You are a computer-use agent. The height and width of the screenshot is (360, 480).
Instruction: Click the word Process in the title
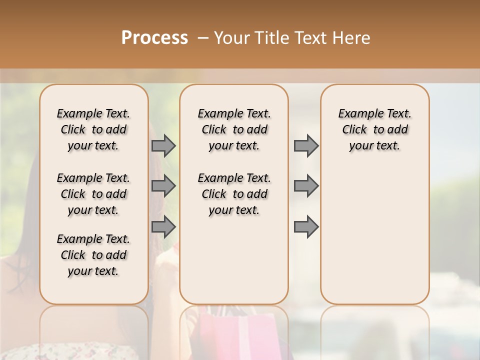point(154,37)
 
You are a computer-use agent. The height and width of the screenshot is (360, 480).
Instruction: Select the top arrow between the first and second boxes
point(163,146)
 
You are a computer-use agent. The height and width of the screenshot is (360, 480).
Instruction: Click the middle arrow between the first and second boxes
point(163,186)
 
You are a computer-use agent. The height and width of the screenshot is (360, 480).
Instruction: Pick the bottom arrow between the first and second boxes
point(163,227)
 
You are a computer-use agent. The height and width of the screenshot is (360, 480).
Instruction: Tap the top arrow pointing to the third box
point(306,146)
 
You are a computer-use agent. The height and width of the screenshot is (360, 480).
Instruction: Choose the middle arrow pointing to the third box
point(306,186)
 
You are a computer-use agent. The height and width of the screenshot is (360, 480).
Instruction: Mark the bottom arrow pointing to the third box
point(306,227)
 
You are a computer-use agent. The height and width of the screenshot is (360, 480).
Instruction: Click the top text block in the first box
point(93,129)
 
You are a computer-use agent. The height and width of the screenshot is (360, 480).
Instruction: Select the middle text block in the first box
point(93,194)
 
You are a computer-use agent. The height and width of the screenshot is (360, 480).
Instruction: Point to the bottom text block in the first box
point(93,255)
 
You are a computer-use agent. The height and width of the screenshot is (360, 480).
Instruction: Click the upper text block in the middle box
point(234,129)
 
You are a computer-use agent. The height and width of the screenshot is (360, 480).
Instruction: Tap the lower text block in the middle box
point(234,194)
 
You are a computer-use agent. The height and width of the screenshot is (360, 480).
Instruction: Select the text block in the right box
point(374,129)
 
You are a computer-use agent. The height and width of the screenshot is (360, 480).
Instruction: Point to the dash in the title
point(203,38)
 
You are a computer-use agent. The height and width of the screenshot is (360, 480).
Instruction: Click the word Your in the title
point(233,38)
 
